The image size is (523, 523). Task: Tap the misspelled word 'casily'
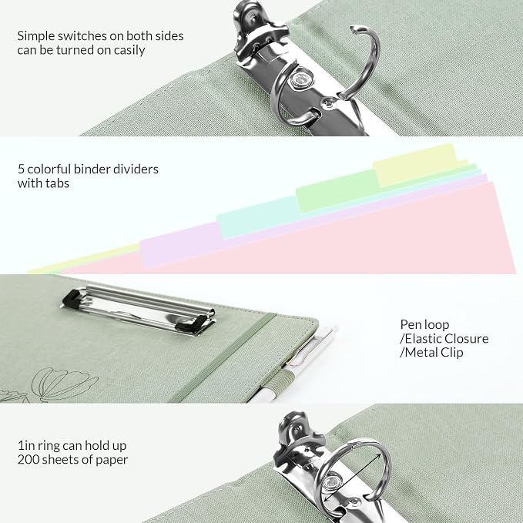[x=129, y=50]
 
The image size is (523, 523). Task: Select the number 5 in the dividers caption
[x=21, y=169]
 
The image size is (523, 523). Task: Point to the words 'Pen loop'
[x=424, y=325]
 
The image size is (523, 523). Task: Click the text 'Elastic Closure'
[x=447, y=339]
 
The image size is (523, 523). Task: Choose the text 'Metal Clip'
[x=434, y=353]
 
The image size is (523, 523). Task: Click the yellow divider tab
[x=415, y=165]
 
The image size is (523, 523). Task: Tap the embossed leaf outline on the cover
[x=63, y=384]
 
